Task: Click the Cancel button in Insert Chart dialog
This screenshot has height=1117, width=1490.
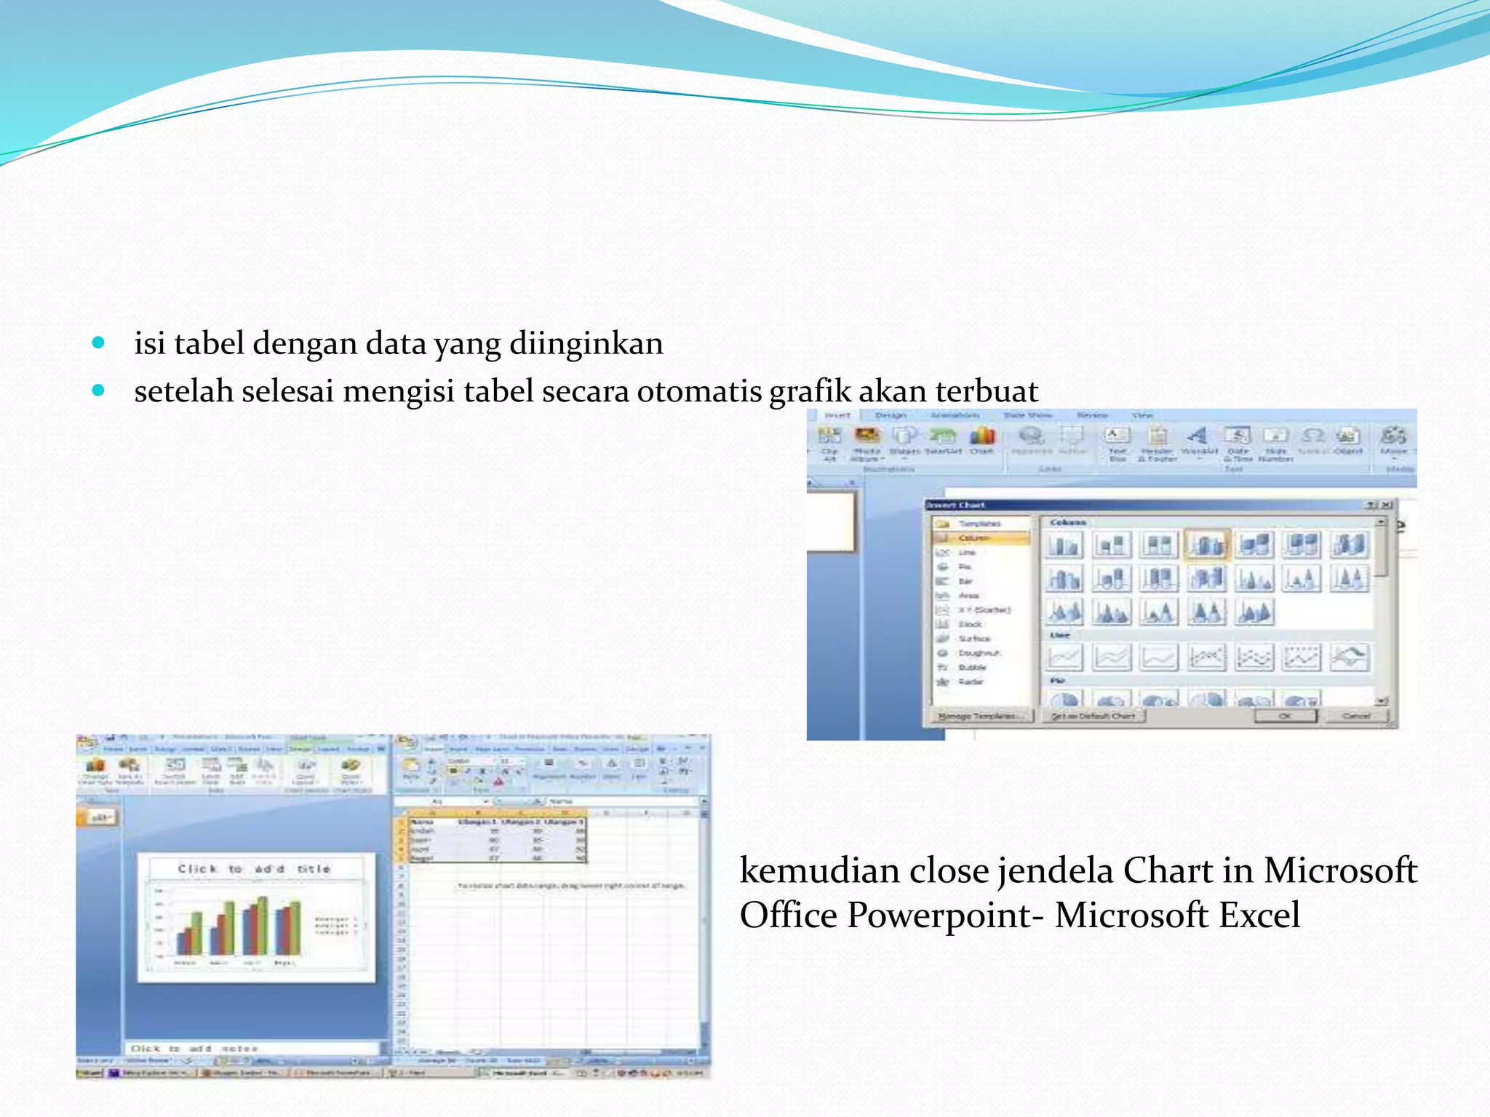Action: [x=1355, y=716]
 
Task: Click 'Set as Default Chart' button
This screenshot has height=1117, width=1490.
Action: [x=1093, y=716]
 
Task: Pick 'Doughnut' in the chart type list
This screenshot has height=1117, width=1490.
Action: [x=979, y=653]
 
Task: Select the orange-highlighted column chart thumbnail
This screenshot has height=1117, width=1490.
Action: [x=1207, y=545]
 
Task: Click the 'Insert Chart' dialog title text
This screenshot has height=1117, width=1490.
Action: [x=956, y=505]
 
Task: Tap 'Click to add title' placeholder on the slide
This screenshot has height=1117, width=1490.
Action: [x=254, y=869]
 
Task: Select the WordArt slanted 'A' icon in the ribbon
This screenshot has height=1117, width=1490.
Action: [x=1198, y=436]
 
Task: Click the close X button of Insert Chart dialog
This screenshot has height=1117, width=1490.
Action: [x=1387, y=505]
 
